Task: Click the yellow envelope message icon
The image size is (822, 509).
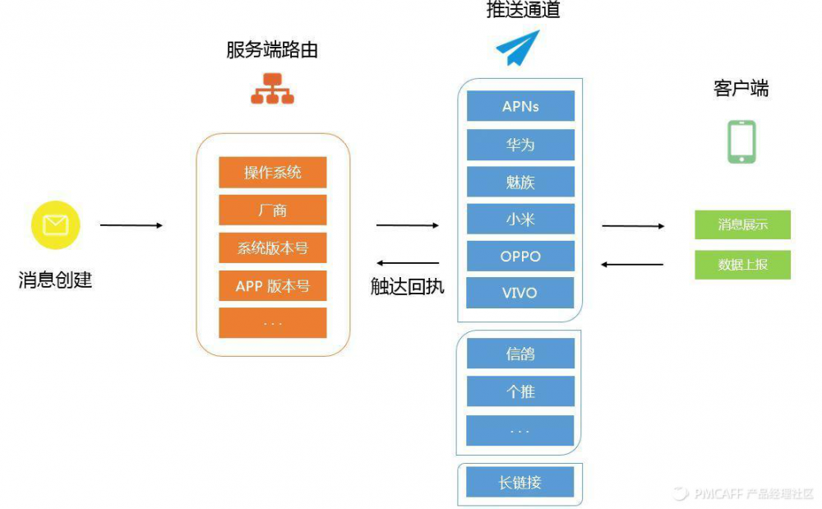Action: tap(55, 224)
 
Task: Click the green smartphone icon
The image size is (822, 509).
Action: tap(741, 142)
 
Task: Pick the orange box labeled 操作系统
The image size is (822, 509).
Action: tap(273, 173)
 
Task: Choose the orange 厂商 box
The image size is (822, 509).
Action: tap(273, 211)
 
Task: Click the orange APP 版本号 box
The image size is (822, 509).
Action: tap(273, 286)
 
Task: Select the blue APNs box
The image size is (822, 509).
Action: tap(520, 107)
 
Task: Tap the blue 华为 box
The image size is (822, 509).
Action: tap(520, 145)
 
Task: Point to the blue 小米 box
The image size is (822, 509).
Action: tap(520, 219)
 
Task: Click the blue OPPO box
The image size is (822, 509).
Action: tap(520, 256)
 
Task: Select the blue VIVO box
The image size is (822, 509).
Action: tap(520, 293)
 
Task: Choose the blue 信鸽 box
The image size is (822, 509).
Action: tap(520, 354)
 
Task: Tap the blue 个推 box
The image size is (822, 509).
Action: tap(520, 391)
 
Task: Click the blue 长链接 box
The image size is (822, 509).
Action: tap(520, 483)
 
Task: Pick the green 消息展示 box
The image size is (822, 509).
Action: tap(742, 224)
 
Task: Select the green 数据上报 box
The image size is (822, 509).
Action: tap(742, 265)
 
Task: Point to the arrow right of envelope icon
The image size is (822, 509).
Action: tap(132, 225)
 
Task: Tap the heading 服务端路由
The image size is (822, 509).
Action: tap(272, 50)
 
